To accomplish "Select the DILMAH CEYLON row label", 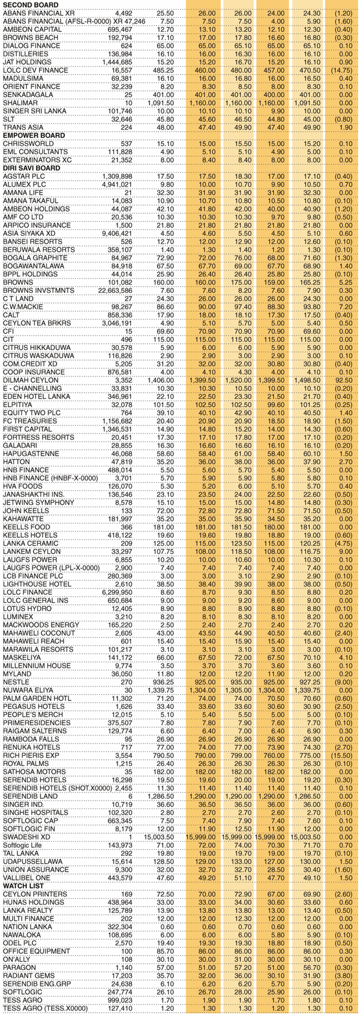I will [28, 380].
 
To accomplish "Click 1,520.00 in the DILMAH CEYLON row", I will [236, 380].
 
